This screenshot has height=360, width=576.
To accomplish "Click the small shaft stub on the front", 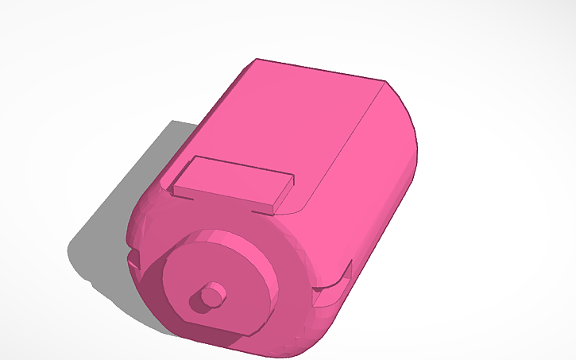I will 211,294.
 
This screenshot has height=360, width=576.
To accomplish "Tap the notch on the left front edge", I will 133,258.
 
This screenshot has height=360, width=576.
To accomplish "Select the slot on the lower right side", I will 334,286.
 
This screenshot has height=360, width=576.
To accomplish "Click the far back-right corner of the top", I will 386,81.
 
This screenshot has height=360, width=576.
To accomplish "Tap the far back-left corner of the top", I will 256,60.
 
